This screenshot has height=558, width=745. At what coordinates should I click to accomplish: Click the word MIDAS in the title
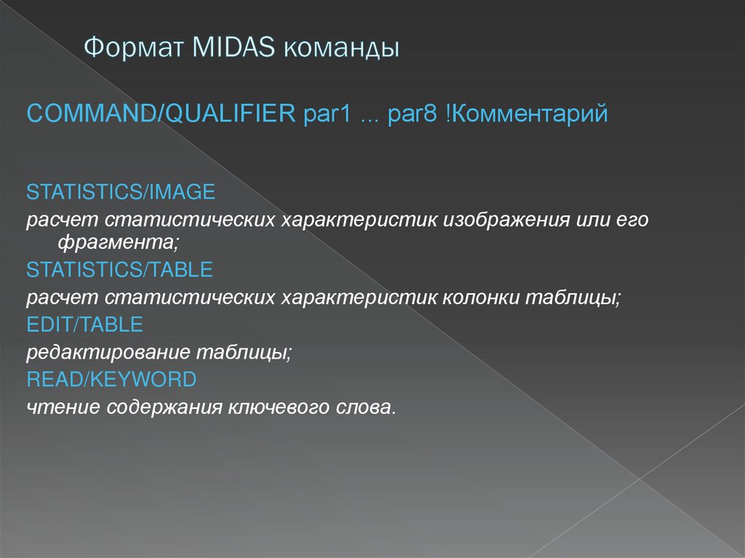[234, 49]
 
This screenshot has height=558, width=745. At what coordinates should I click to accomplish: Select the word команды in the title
[341, 49]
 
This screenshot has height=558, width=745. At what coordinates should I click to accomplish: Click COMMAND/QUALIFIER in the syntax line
[161, 113]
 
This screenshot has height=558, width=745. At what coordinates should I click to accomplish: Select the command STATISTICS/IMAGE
[121, 192]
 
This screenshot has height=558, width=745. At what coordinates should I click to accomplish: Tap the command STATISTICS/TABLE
[119, 270]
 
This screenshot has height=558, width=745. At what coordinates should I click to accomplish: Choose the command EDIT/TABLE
[84, 324]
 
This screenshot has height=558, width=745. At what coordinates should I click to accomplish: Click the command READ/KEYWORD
[111, 379]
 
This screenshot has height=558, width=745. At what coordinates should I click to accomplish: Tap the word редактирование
[108, 352]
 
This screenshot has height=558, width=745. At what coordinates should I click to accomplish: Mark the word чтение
[63, 407]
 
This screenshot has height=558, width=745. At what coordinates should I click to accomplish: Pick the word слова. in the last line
[367, 407]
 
